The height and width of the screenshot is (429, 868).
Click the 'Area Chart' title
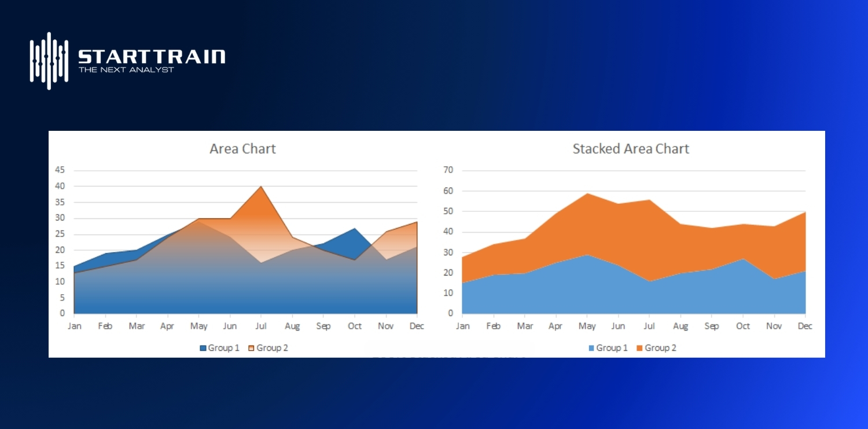[242, 149]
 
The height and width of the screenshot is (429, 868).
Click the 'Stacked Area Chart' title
[631, 149]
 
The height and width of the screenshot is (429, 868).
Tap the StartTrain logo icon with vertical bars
[49, 60]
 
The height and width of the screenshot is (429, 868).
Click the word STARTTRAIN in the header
[152, 56]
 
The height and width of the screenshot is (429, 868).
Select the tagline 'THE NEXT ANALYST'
[126, 70]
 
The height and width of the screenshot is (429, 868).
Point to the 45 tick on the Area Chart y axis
[60, 170]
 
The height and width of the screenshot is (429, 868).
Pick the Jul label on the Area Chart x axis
[261, 327]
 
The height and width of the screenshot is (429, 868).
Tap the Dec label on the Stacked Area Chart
[805, 327]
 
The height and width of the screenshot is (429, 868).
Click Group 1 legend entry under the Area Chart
[219, 348]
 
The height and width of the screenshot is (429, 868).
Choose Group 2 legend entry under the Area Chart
[268, 348]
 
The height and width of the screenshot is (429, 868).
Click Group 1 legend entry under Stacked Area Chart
[608, 348]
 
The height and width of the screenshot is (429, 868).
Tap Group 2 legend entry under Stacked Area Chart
[656, 348]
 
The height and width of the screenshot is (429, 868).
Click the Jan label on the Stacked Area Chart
[463, 327]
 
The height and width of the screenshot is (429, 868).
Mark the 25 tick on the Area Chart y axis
[60, 234]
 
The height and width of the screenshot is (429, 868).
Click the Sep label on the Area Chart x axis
[323, 327]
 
